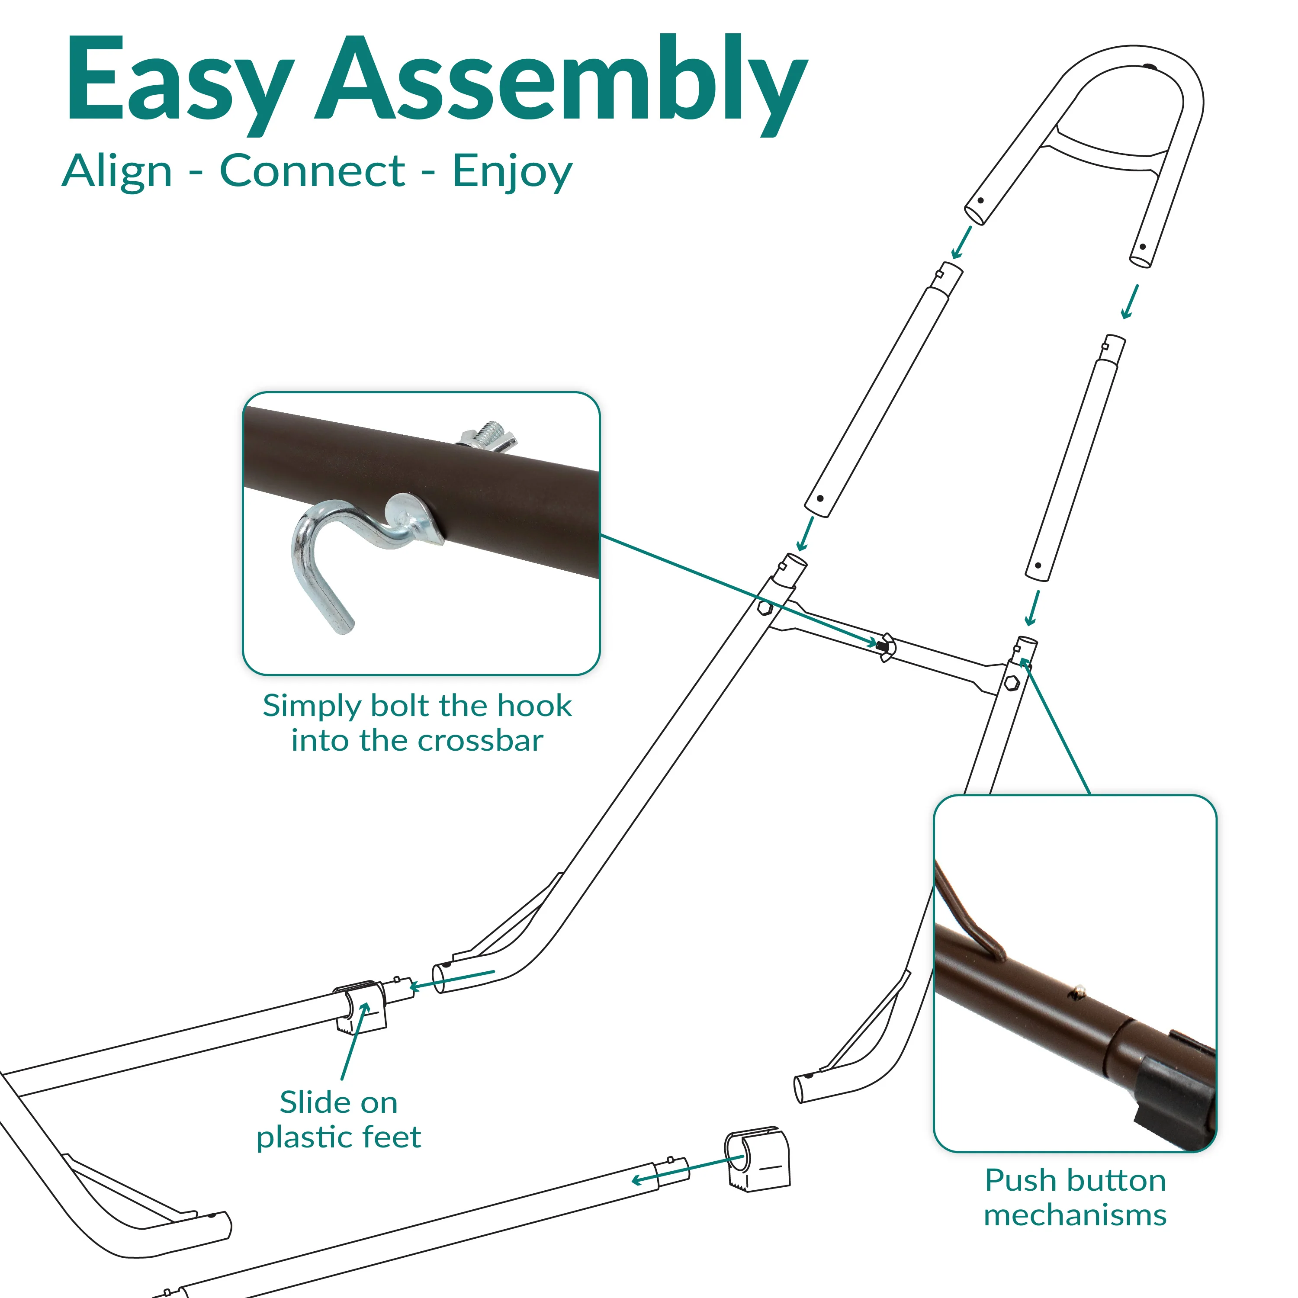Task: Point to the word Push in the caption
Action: [1017, 1180]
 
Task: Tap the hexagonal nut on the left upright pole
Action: [765, 608]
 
